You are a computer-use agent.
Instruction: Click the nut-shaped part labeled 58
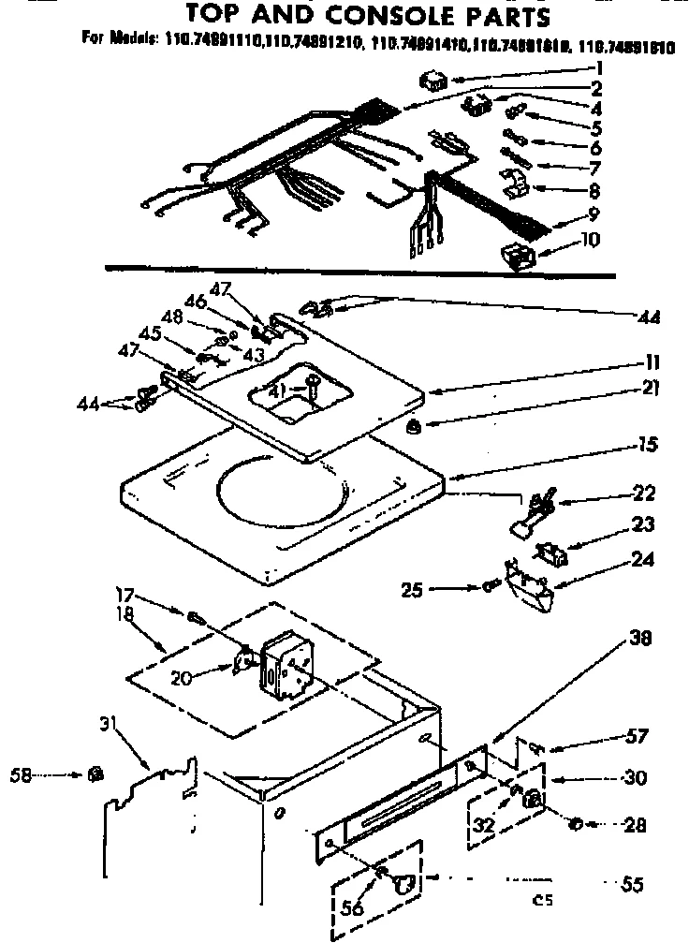click(95, 774)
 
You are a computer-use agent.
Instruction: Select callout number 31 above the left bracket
click(109, 724)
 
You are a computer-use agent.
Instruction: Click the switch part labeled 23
click(552, 556)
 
